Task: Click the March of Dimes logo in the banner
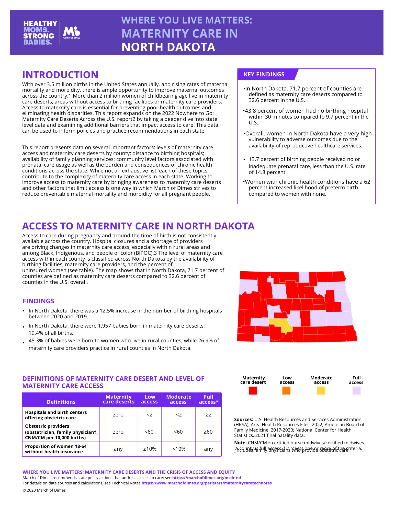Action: (x=71, y=32)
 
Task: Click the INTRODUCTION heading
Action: (x=60, y=75)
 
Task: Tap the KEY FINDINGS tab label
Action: (x=264, y=74)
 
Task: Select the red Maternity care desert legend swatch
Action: (x=253, y=391)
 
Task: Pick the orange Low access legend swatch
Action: (x=286, y=391)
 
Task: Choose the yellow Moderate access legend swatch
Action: (x=321, y=391)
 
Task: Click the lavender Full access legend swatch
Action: (x=356, y=391)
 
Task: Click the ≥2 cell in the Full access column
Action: (x=208, y=415)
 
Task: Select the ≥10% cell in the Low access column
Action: (x=150, y=449)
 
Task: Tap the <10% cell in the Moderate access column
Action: (x=179, y=449)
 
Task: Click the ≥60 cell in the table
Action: (x=208, y=432)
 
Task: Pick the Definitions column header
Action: (x=61, y=402)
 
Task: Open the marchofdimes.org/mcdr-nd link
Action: (x=207, y=478)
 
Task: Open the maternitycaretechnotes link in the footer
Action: (x=207, y=483)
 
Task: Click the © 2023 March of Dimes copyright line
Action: (x=44, y=490)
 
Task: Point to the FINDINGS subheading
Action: (x=38, y=301)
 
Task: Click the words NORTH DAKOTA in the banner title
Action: (x=168, y=47)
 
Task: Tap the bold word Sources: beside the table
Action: (x=243, y=420)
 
